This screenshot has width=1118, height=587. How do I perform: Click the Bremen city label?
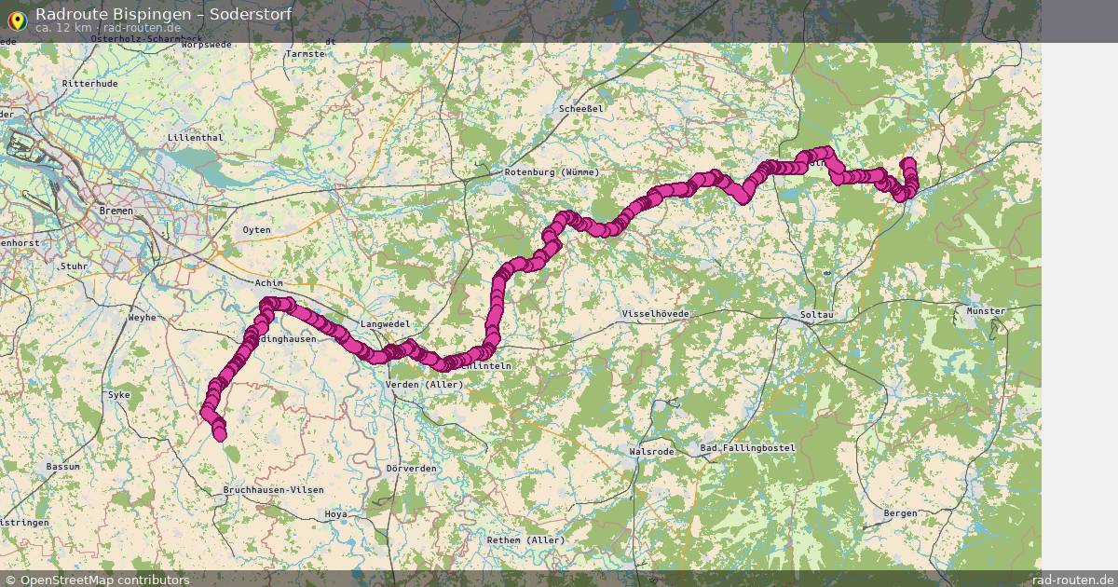coord(116,212)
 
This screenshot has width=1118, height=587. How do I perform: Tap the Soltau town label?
coord(816,315)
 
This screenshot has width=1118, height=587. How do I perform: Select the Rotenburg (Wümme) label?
coord(552,172)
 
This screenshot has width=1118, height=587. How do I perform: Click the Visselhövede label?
coord(655,315)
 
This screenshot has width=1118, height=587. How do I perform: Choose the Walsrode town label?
coord(652,451)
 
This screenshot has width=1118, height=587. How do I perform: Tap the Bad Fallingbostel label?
coord(747,448)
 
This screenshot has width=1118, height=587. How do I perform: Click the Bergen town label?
coord(900,513)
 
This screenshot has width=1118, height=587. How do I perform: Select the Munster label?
coord(986,311)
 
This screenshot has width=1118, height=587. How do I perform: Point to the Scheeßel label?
coord(582,108)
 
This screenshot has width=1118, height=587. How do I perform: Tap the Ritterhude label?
coord(89,84)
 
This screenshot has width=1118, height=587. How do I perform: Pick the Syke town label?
coord(120,395)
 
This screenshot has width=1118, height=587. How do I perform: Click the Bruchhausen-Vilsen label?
coord(274,490)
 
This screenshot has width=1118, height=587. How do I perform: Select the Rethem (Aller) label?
coord(526,540)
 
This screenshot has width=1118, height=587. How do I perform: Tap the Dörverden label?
coord(412,469)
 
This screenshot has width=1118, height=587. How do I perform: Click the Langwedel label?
coord(385,324)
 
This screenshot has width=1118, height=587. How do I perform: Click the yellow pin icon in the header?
coord(17,19)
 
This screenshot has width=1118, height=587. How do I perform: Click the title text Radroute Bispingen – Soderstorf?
coord(163,14)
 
